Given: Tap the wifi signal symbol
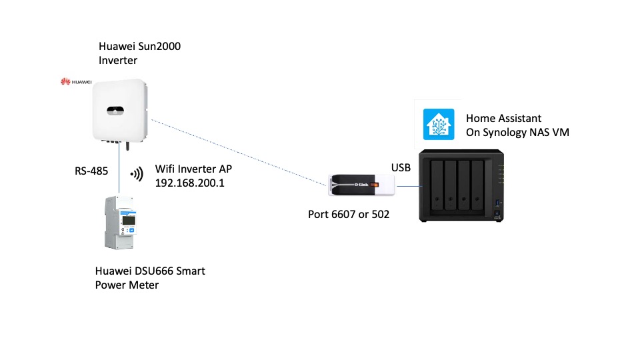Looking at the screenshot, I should (x=137, y=175).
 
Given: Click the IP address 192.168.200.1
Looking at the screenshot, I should (x=189, y=182).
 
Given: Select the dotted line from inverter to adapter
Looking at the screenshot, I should (x=240, y=152).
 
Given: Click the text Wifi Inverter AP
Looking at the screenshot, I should (x=193, y=169).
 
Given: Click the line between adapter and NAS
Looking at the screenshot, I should (x=410, y=187).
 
